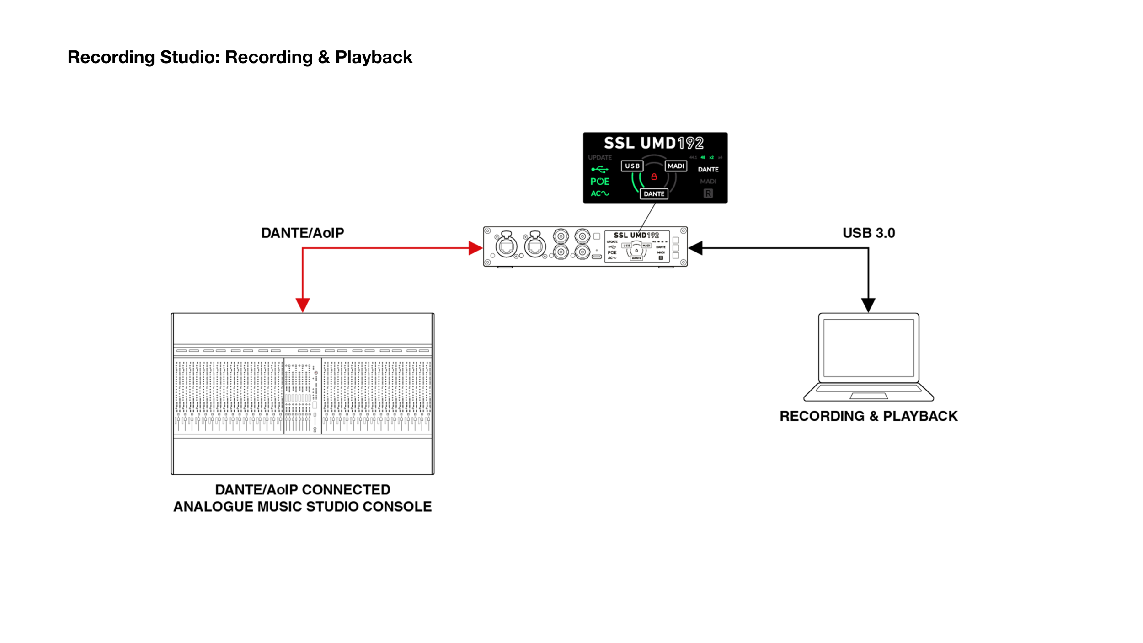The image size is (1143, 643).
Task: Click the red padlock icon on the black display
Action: coord(654,177)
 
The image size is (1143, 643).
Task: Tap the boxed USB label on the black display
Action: coord(632,166)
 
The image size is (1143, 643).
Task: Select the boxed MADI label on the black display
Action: coord(676,166)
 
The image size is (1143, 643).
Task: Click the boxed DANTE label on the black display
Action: coord(654,194)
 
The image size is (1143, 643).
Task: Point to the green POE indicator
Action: coord(599,182)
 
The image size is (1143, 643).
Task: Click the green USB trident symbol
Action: coord(599,170)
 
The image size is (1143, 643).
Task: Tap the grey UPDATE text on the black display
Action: coord(600,157)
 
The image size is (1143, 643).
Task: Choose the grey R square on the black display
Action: coord(708,193)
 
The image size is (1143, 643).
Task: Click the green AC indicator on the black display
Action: coord(599,193)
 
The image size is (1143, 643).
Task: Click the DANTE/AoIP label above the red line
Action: coord(302,233)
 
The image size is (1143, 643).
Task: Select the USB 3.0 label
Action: coord(869,233)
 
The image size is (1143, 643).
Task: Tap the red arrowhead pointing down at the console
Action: coord(303,305)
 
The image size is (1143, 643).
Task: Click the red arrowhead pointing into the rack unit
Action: coord(475,248)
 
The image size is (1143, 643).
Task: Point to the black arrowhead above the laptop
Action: coord(868,305)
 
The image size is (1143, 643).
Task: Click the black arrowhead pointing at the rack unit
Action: coord(695,248)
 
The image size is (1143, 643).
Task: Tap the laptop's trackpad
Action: coord(868,396)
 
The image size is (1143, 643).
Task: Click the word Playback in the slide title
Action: coord(374,57)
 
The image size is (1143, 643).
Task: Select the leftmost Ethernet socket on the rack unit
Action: coord(507,247)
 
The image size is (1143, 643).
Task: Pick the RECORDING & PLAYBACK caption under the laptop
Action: coord(868,416)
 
